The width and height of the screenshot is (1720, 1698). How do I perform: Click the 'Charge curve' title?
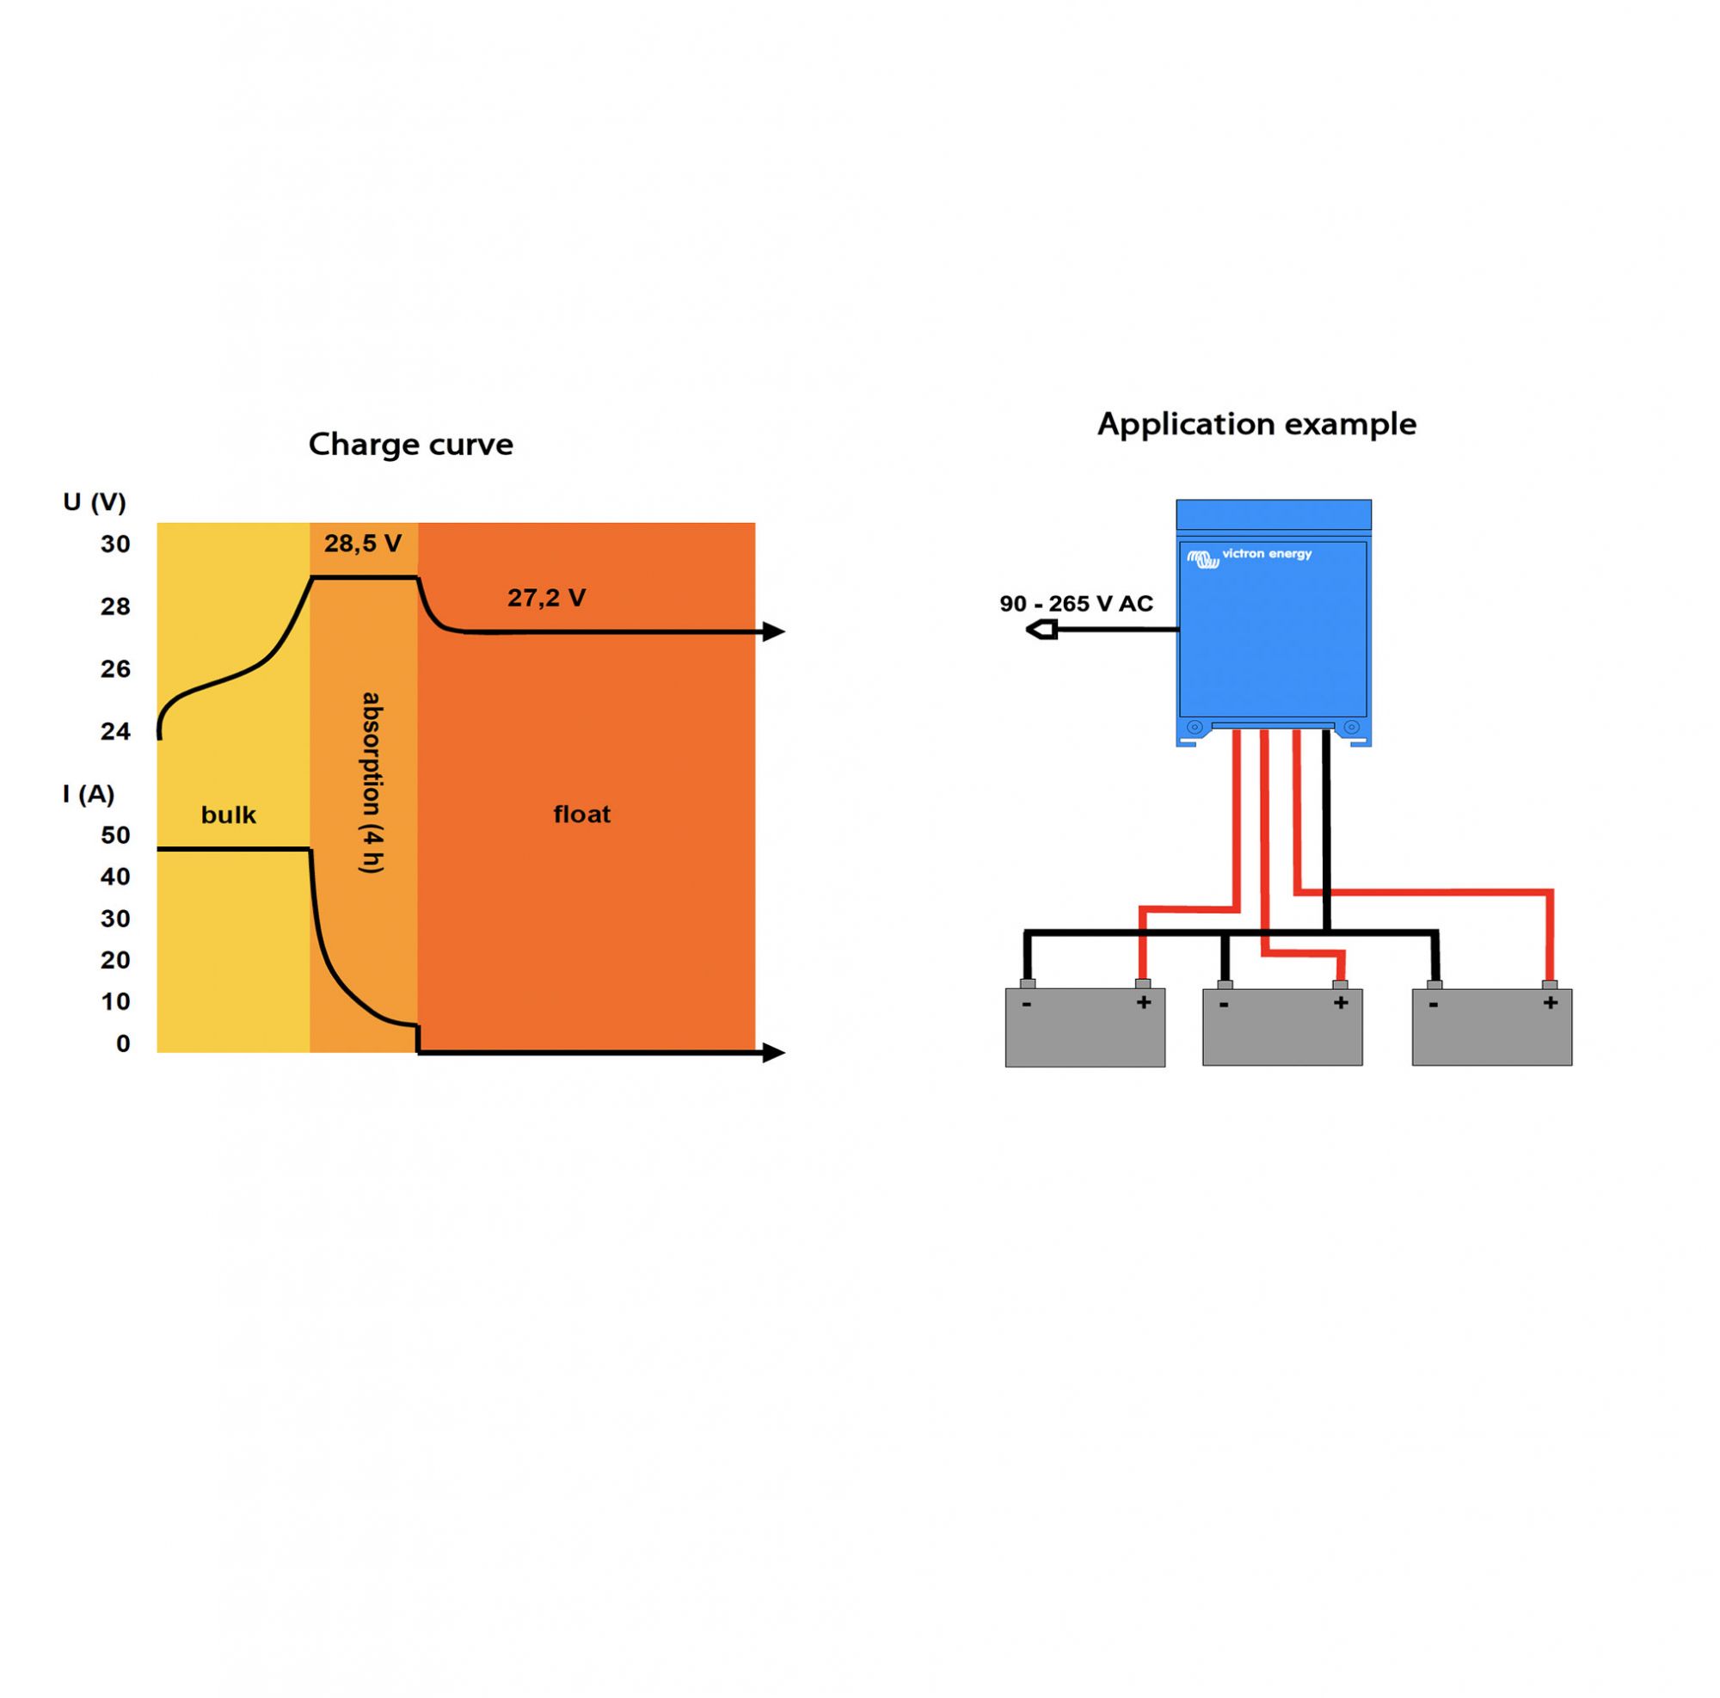pos(410,445)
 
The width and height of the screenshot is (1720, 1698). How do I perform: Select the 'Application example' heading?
pos(1256,425)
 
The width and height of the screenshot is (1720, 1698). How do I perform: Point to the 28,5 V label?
pos(362,543)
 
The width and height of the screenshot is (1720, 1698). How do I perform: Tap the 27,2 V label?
pos(547,598)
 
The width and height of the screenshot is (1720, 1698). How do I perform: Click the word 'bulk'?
pos(229,815)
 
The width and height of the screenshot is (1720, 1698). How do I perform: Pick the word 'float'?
pos(582,814)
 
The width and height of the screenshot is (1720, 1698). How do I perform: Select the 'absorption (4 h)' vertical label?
pos(372,783)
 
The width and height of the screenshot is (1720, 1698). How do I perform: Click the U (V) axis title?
pos(95,503)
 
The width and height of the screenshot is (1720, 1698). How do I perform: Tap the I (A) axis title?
pos(89,794)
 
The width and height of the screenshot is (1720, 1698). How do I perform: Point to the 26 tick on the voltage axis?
pos(116,668)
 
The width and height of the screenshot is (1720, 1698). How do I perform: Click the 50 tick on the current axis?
pos(116,835)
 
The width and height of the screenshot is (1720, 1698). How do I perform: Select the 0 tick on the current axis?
pos(124,1043)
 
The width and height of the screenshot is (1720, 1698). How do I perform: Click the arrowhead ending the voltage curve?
pos(774,632)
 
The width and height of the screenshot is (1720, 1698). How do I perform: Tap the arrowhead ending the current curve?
pos(774,1054)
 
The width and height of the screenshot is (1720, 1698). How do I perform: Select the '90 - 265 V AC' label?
pos(1077,604)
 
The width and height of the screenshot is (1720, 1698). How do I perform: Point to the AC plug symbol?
pos(1041,631)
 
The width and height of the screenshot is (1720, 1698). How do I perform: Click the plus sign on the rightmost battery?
pos(1550,1004)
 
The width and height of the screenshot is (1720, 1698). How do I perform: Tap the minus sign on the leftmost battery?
pos(1028,1005)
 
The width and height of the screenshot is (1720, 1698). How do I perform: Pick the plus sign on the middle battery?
pos(1341,1004)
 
